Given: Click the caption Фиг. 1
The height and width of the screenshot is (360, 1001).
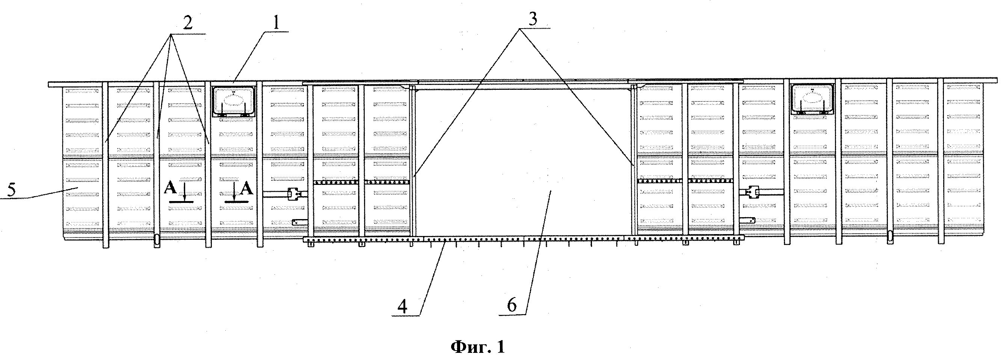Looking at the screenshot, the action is (477, 346).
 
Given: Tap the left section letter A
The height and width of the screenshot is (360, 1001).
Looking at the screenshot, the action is (170, 189).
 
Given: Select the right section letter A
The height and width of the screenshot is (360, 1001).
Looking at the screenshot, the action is (247, 189).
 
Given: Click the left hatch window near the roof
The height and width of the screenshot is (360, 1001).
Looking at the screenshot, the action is (233, 101).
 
